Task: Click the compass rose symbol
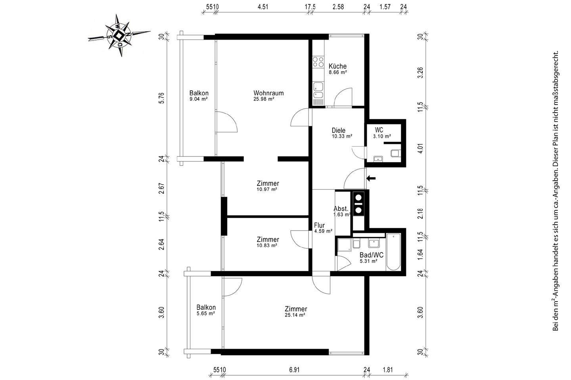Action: (x=119, y=36)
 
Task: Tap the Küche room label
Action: (x=337, y=66)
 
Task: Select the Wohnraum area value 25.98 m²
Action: (x=264, y=99)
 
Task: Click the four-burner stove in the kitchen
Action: (x=318, y=62)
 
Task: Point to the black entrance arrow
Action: (x=371, y=179)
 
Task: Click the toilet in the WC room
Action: (x=396, y=153)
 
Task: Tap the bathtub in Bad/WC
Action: (x=393, y=252)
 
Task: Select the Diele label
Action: (x=339, y=130)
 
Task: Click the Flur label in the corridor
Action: (x=320, y=225)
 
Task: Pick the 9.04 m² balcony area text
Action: (x=199, y=99)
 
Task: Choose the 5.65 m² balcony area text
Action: (x=206, y=313)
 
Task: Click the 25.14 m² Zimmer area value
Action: (x=295, y=315)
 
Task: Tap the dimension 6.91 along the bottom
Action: (x=294, y=370)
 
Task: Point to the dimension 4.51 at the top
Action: (x=263, y=7)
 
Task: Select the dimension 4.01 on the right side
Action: (x=420, y=148)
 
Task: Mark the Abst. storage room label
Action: (x=341, y=209)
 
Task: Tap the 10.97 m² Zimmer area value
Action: (x=267, y=189)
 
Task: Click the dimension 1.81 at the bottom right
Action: (x=388, y=370)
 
